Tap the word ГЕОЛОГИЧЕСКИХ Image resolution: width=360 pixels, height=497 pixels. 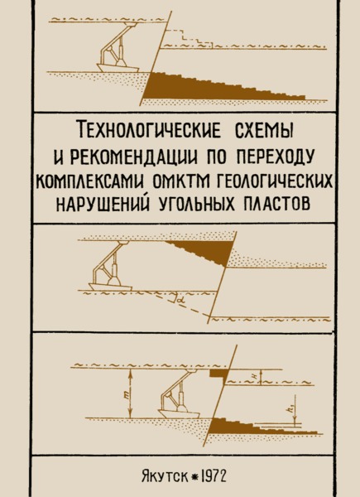pos(275,183)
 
